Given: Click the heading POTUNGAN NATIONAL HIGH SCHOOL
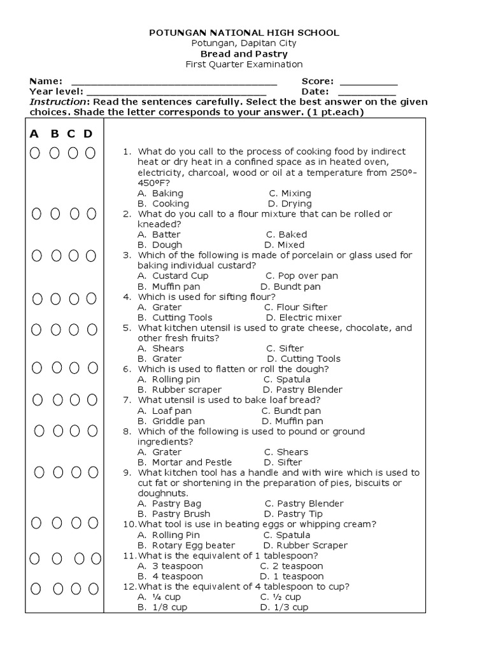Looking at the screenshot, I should [244, 32].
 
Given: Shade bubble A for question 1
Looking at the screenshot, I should [35, 153].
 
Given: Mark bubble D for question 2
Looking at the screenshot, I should [91, 214].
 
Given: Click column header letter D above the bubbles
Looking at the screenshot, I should [88, 134].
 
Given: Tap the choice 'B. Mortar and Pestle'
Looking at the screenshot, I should [185, 462].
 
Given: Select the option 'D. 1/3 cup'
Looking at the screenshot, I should [284, 607].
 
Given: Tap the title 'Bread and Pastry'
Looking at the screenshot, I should [244, 53].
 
